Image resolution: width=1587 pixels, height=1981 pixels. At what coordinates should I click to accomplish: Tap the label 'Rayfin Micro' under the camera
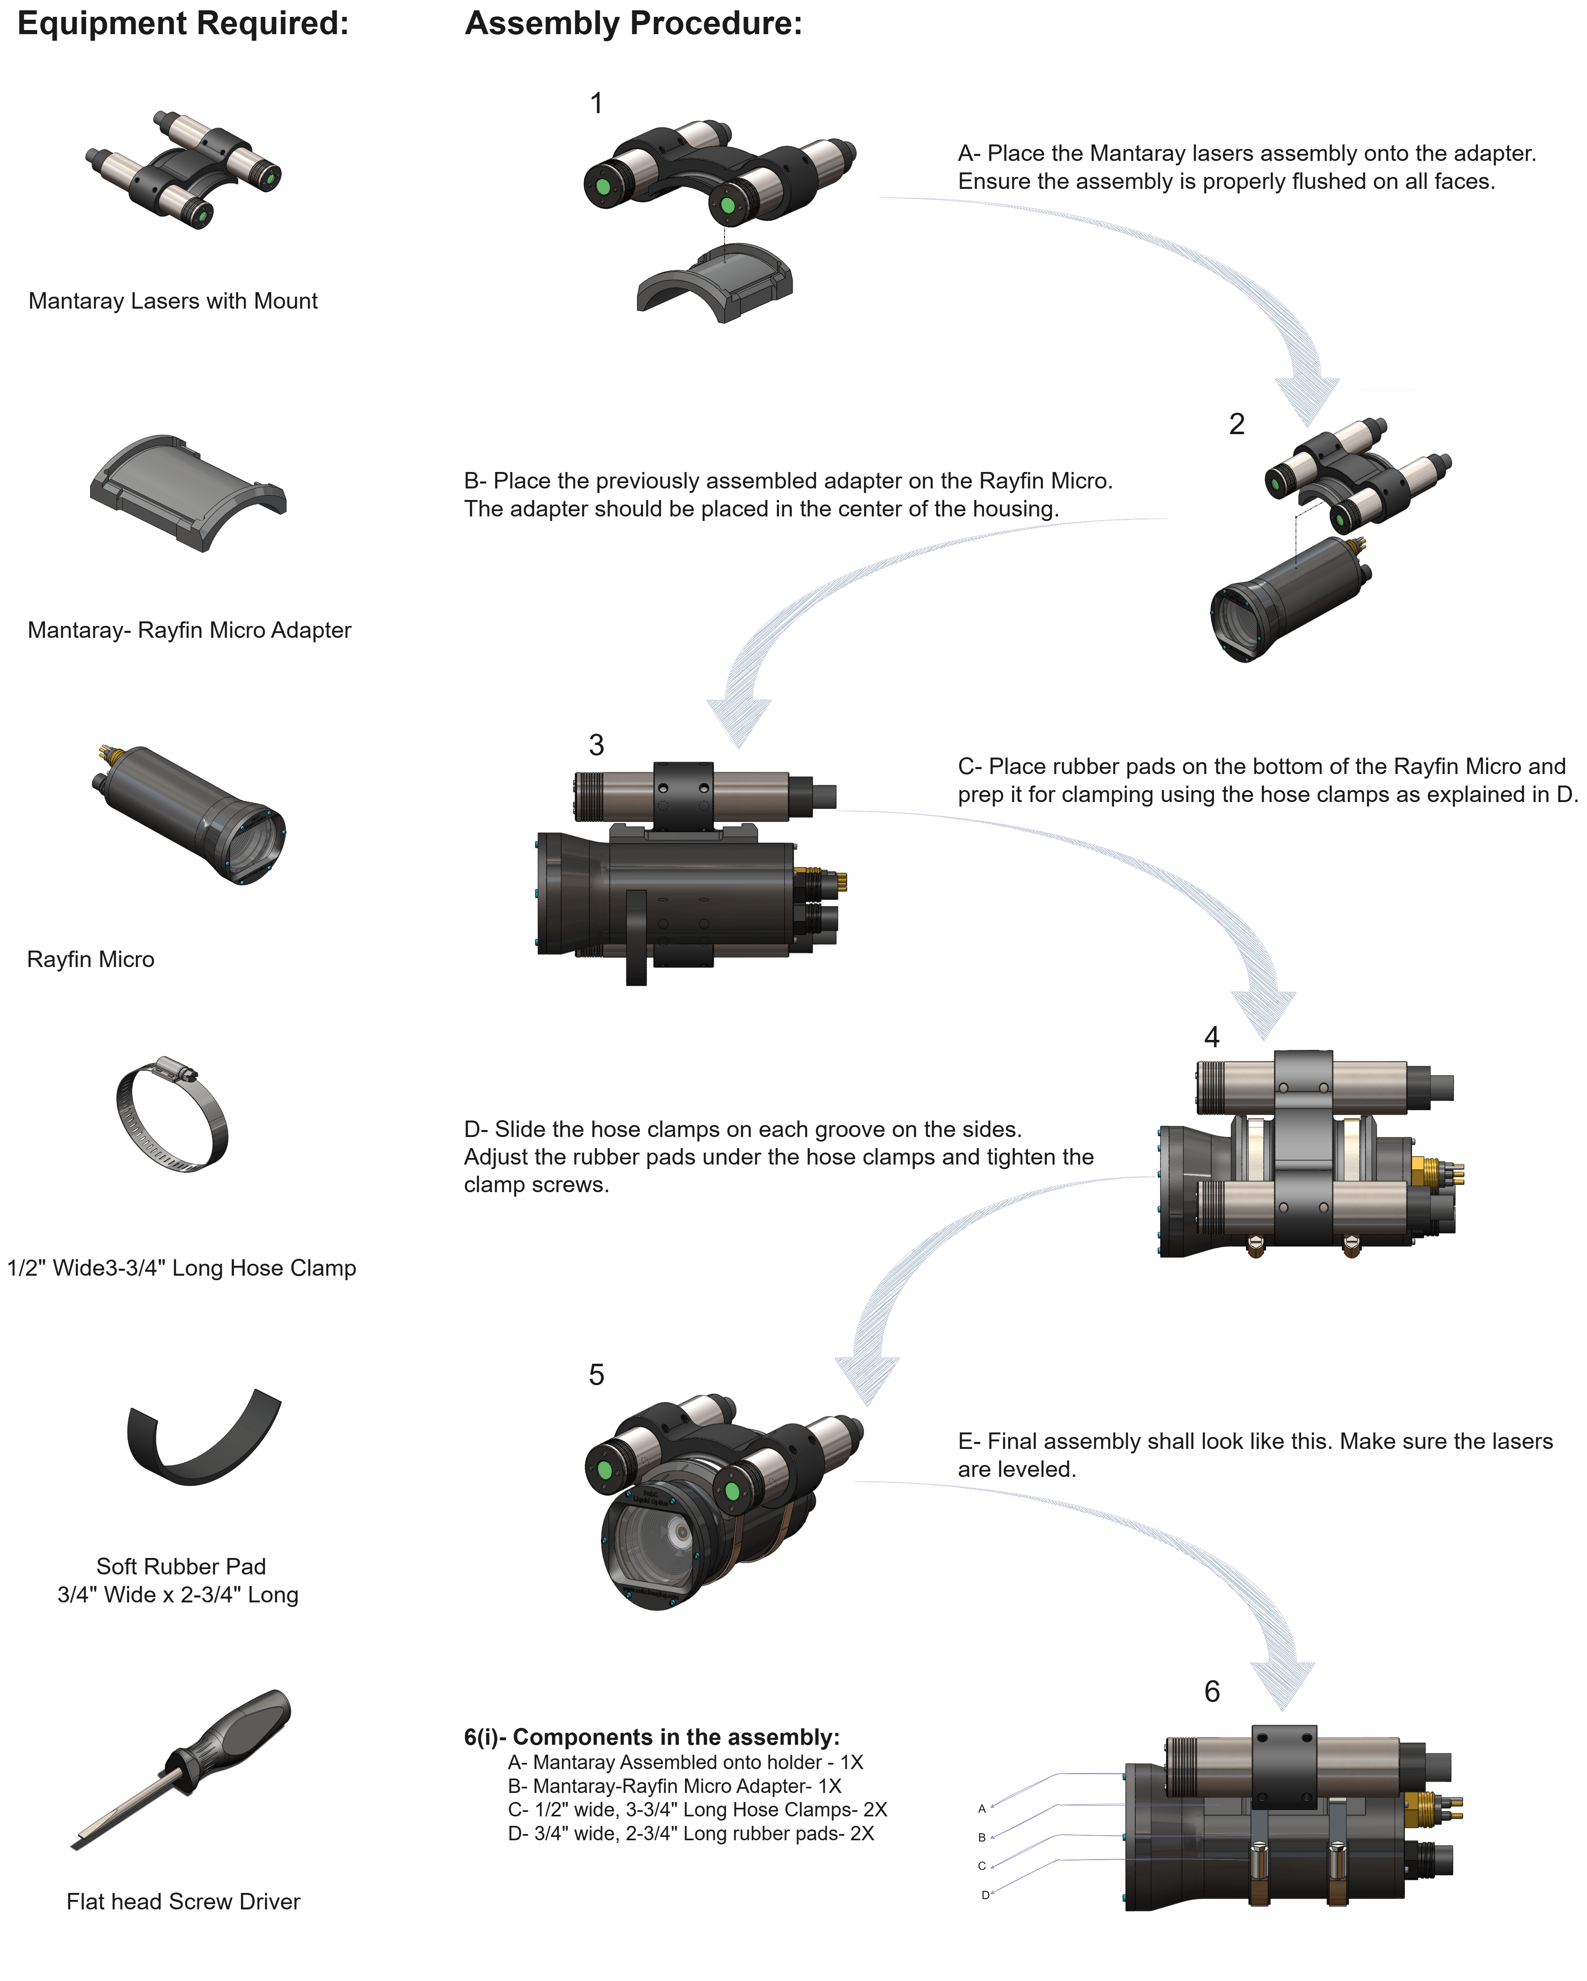tap(91, 959)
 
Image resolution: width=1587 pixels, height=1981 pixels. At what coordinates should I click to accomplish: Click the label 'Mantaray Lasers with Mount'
tap(173, 301)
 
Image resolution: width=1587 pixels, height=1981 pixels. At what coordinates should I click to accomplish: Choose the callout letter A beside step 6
tap(981, 1808)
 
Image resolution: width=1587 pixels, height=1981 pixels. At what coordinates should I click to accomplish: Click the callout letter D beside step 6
tap(984, 1895)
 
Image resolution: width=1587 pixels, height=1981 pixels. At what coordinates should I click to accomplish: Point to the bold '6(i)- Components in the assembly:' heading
tap(652, 1737)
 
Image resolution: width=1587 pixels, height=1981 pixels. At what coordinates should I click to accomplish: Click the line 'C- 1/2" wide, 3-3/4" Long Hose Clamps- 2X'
tap(697, 1809)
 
